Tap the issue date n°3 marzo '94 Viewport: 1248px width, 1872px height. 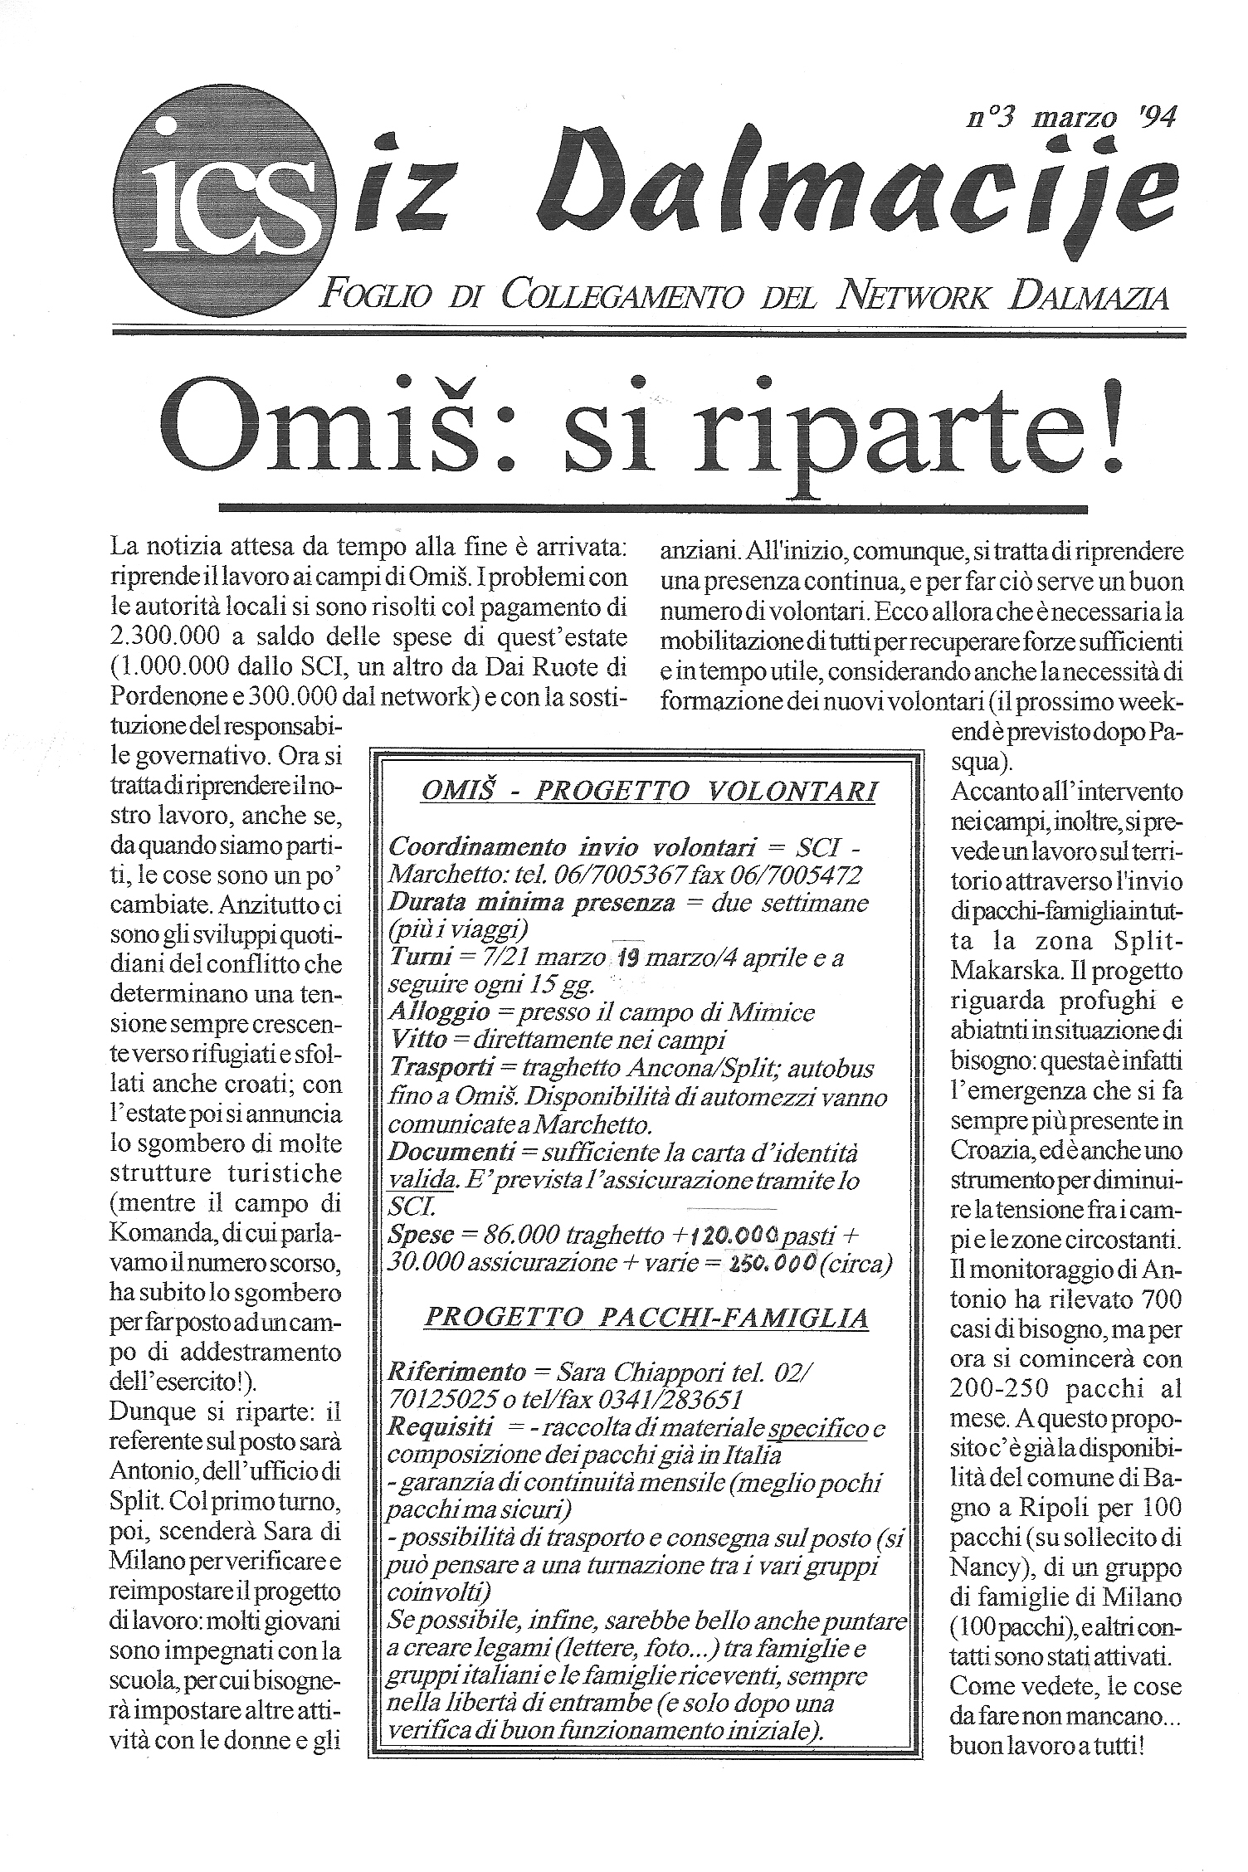pos(1070,117)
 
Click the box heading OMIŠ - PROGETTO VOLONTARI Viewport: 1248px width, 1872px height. pos(649,792)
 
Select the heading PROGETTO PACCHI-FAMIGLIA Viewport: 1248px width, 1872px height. pos(646,1317)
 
